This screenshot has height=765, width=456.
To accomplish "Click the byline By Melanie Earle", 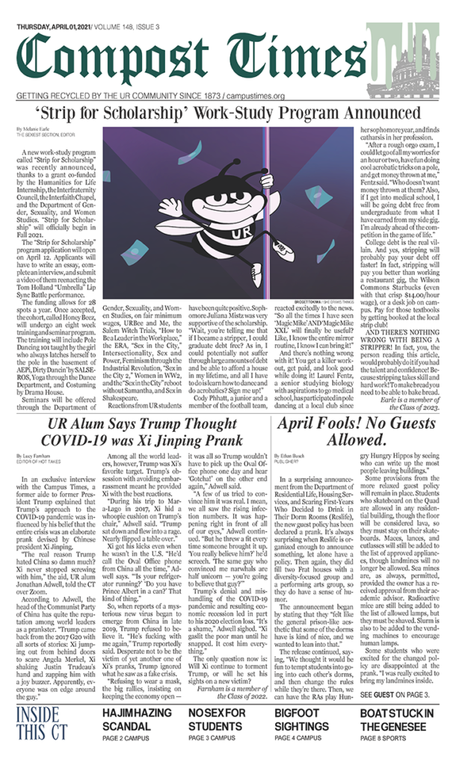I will tap(30, 129).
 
